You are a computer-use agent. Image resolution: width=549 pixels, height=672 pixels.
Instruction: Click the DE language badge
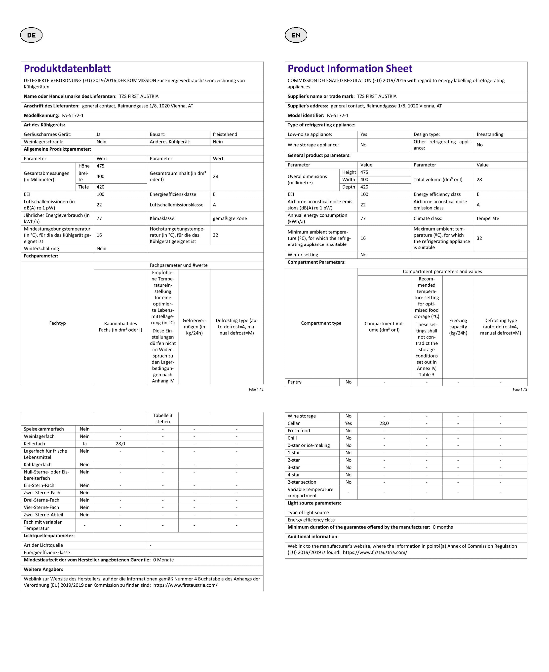(31, 35)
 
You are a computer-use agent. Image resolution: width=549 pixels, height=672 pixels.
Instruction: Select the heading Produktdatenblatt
(67, 68)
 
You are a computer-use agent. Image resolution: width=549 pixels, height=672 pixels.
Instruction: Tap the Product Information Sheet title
(350, 68)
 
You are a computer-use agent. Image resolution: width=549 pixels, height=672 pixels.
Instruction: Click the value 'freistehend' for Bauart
(225, 134)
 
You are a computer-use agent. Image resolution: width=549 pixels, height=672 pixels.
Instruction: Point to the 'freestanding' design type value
(490, 134)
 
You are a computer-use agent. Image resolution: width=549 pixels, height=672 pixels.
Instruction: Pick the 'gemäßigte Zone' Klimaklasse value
(230, 218)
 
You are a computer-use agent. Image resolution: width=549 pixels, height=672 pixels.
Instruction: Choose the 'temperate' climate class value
(488, 218)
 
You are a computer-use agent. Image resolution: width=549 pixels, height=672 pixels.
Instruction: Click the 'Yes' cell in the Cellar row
(349, 423)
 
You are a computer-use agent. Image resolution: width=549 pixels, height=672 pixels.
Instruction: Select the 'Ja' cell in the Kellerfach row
(85, 444)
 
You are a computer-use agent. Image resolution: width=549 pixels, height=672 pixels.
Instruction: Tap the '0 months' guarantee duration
(443, 527)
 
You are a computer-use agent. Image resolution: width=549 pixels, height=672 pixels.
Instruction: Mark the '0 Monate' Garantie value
(163, 560)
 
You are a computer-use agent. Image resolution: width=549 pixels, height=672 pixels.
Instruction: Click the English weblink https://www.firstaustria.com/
(375, 552)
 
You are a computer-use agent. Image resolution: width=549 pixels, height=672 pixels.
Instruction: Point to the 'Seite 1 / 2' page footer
(256, 390)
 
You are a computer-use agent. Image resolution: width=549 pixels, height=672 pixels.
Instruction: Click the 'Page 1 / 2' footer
(520, 390)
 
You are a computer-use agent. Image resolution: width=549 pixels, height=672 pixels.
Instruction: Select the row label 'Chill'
(292, 438)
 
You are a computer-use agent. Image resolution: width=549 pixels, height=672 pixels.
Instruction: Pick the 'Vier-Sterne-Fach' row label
(41, 507)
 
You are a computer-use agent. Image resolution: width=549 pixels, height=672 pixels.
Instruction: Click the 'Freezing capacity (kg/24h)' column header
(458, 327)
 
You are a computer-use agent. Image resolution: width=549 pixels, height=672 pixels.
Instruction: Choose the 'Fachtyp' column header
(57, 323)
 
